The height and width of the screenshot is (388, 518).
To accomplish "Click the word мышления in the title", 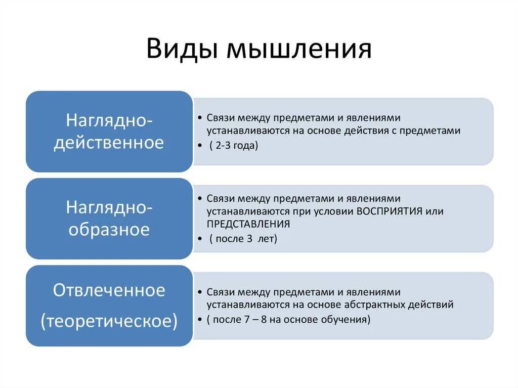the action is click(x=299, y=50).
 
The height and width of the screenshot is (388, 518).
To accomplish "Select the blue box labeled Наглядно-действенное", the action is click(x=109, y=132).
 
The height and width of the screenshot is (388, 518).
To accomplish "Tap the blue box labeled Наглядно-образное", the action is click(x=109, y=219).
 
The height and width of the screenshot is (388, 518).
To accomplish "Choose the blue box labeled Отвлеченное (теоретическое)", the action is click(x=109, y=306).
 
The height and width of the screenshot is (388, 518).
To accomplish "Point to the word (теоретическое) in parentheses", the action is click(x=109, y=321).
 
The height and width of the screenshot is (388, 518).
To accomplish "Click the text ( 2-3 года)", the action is click(x=233, y=146).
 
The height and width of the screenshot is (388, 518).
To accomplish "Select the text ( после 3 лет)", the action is click(x=243, y=239).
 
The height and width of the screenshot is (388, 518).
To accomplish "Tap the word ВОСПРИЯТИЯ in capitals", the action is click(x=390, y=211).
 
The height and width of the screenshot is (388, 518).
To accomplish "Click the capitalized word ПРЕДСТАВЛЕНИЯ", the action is click(x=248, y=224).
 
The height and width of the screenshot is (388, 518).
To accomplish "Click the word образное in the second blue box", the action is click(x=109, y=230).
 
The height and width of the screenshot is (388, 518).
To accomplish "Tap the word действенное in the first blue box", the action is click(x=109, y=143).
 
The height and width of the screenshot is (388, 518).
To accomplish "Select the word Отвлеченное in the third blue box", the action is click(x=109, y=290).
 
